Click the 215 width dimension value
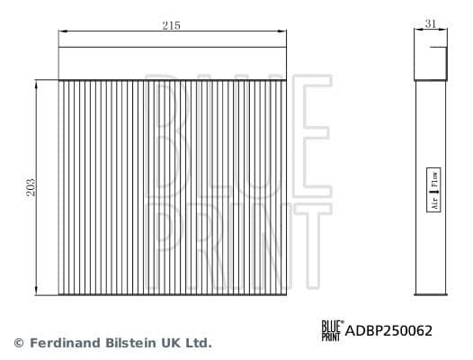pyautogui.click(x=172, y=26)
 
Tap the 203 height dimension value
pyautogui.click(x=31, y=187)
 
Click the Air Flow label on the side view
pyautogui.click(x=433, y=190)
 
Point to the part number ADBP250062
pyautogui.click(x=389, y=331)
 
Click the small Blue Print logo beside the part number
pyautogui.click(x=332, y=330)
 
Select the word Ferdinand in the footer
pyautogui.click(x=65, y=343)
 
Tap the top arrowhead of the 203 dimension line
pyautogui.click(x=36, y=82)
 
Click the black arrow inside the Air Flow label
pyautogui.click(x=433, y=191)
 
